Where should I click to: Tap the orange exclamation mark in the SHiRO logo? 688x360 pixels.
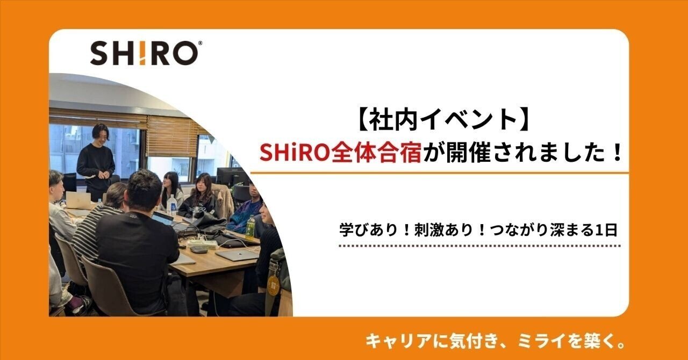[x=145, y=53]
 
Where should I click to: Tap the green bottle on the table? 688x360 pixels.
[x=250, y=227]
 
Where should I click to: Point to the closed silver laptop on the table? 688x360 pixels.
[x=237, y=255]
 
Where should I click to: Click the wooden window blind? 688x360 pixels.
[x=172, y=136]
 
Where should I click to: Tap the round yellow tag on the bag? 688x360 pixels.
[x=274, y=285]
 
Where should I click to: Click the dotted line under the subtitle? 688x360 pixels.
[x=479, y=246]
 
